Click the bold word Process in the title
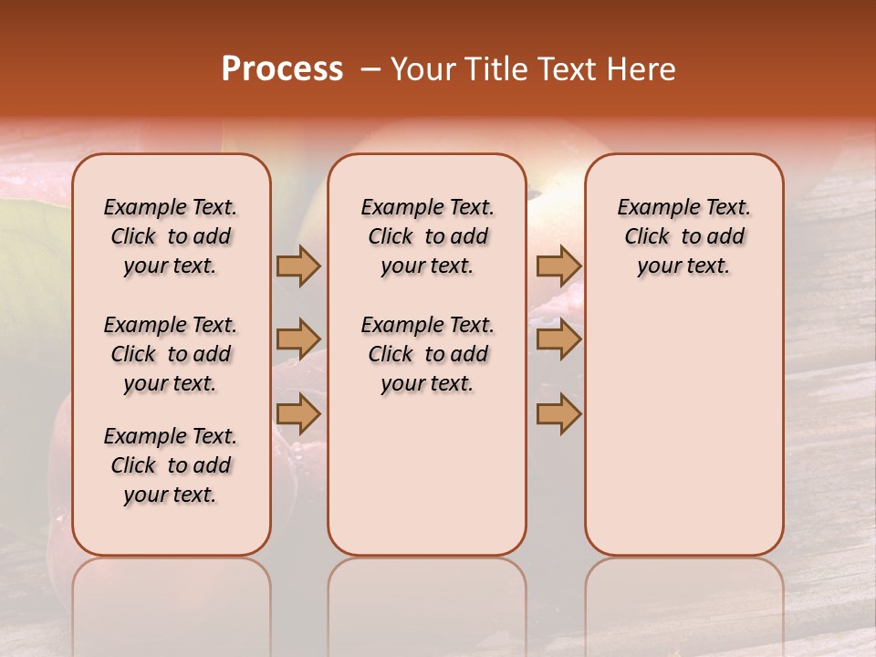click(x=282, y=69)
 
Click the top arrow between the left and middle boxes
click(x=298, y=266)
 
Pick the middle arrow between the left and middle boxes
click(x=298, y=339)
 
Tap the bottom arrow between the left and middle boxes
click(x=298, y=413)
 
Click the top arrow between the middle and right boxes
click(x=558, y=266)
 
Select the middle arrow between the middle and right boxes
click(x=558, y=339)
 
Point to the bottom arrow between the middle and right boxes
click(x=558, y=413)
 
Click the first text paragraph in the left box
click(x=171, y=236)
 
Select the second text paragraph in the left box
click(x=171, y=354)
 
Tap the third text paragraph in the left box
click(x=171, y=465)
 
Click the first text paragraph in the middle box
click(x=427, y=236)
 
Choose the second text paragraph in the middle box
click(x=427, y=354)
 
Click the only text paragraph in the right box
click(x=683, y=236)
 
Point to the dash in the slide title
click(x=370, y=70)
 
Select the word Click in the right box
click(x=647, y=237)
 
